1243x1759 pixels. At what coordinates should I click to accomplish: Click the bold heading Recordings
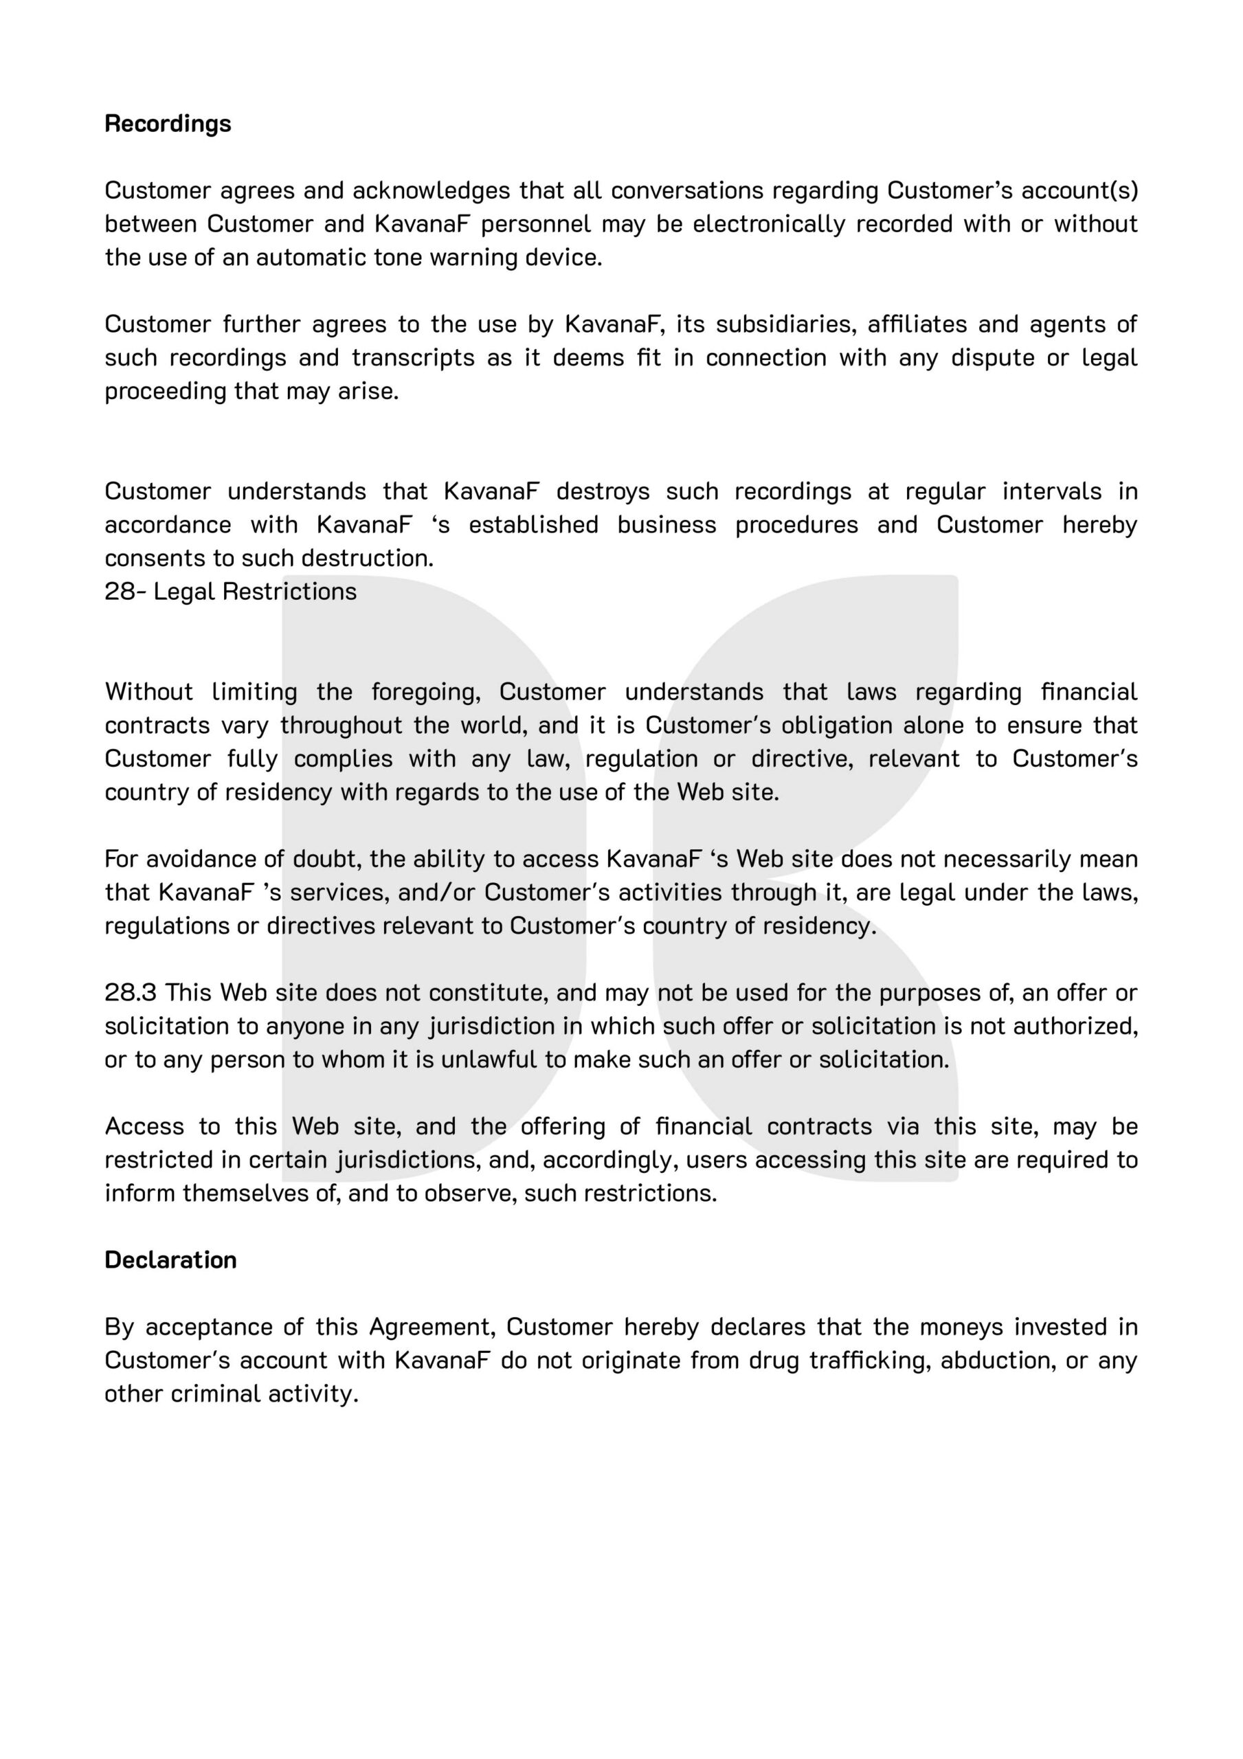click(168, 124)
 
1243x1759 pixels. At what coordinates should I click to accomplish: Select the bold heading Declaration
click(170, 1259)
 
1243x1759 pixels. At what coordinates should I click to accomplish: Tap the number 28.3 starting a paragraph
click(131, 992)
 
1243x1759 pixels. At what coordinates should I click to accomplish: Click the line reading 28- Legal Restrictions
click(231, 592)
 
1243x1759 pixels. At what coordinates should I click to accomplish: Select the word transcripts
click(413, 358)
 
